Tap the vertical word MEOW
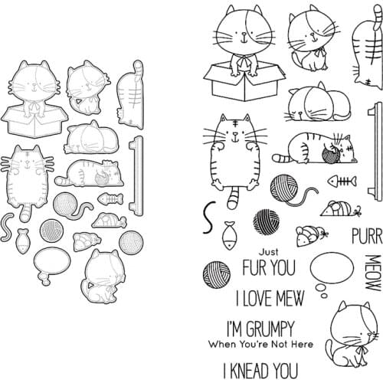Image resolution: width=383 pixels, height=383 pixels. tap(373, 272)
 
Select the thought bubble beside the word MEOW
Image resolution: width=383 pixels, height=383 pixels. tap(334, 270)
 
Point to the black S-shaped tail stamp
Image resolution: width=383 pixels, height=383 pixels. tap(207, 218)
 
